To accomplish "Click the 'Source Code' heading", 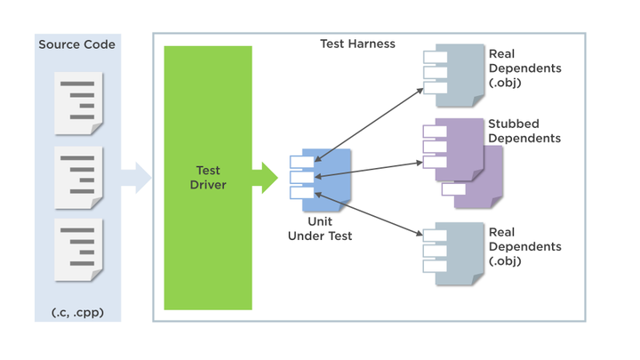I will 76,44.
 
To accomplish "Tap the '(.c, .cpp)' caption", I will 76,313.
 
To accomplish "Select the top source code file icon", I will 78,103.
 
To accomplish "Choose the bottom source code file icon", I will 78,250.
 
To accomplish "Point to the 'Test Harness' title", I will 357,44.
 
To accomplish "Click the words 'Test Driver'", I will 208,178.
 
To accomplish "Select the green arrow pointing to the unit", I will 265,178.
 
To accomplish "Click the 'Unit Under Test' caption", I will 320,228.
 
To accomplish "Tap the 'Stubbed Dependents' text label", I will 524,131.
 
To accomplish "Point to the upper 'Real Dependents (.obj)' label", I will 524,68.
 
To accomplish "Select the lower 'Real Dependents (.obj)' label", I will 524,246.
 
